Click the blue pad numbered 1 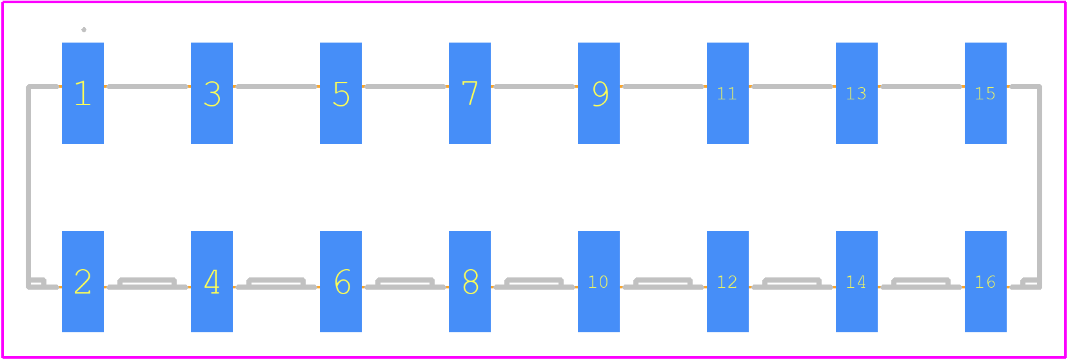point(83,93)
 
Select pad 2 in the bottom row point(83,281)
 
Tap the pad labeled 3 point(212,93)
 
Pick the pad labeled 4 point(212,281)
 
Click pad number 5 point(341,93)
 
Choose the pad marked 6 point(341,281)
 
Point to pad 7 point(470,93)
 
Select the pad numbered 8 point(470,281)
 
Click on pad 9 point(599,93)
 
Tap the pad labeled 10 point(599,281)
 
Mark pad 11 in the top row point(727,93)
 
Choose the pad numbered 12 point(727,281)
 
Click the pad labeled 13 point(856,93)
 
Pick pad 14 point(856,281)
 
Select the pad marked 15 point(985,93)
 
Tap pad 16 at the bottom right point(985,281)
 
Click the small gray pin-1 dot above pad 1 point(84,30)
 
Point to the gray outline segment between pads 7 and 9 point(535,86)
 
